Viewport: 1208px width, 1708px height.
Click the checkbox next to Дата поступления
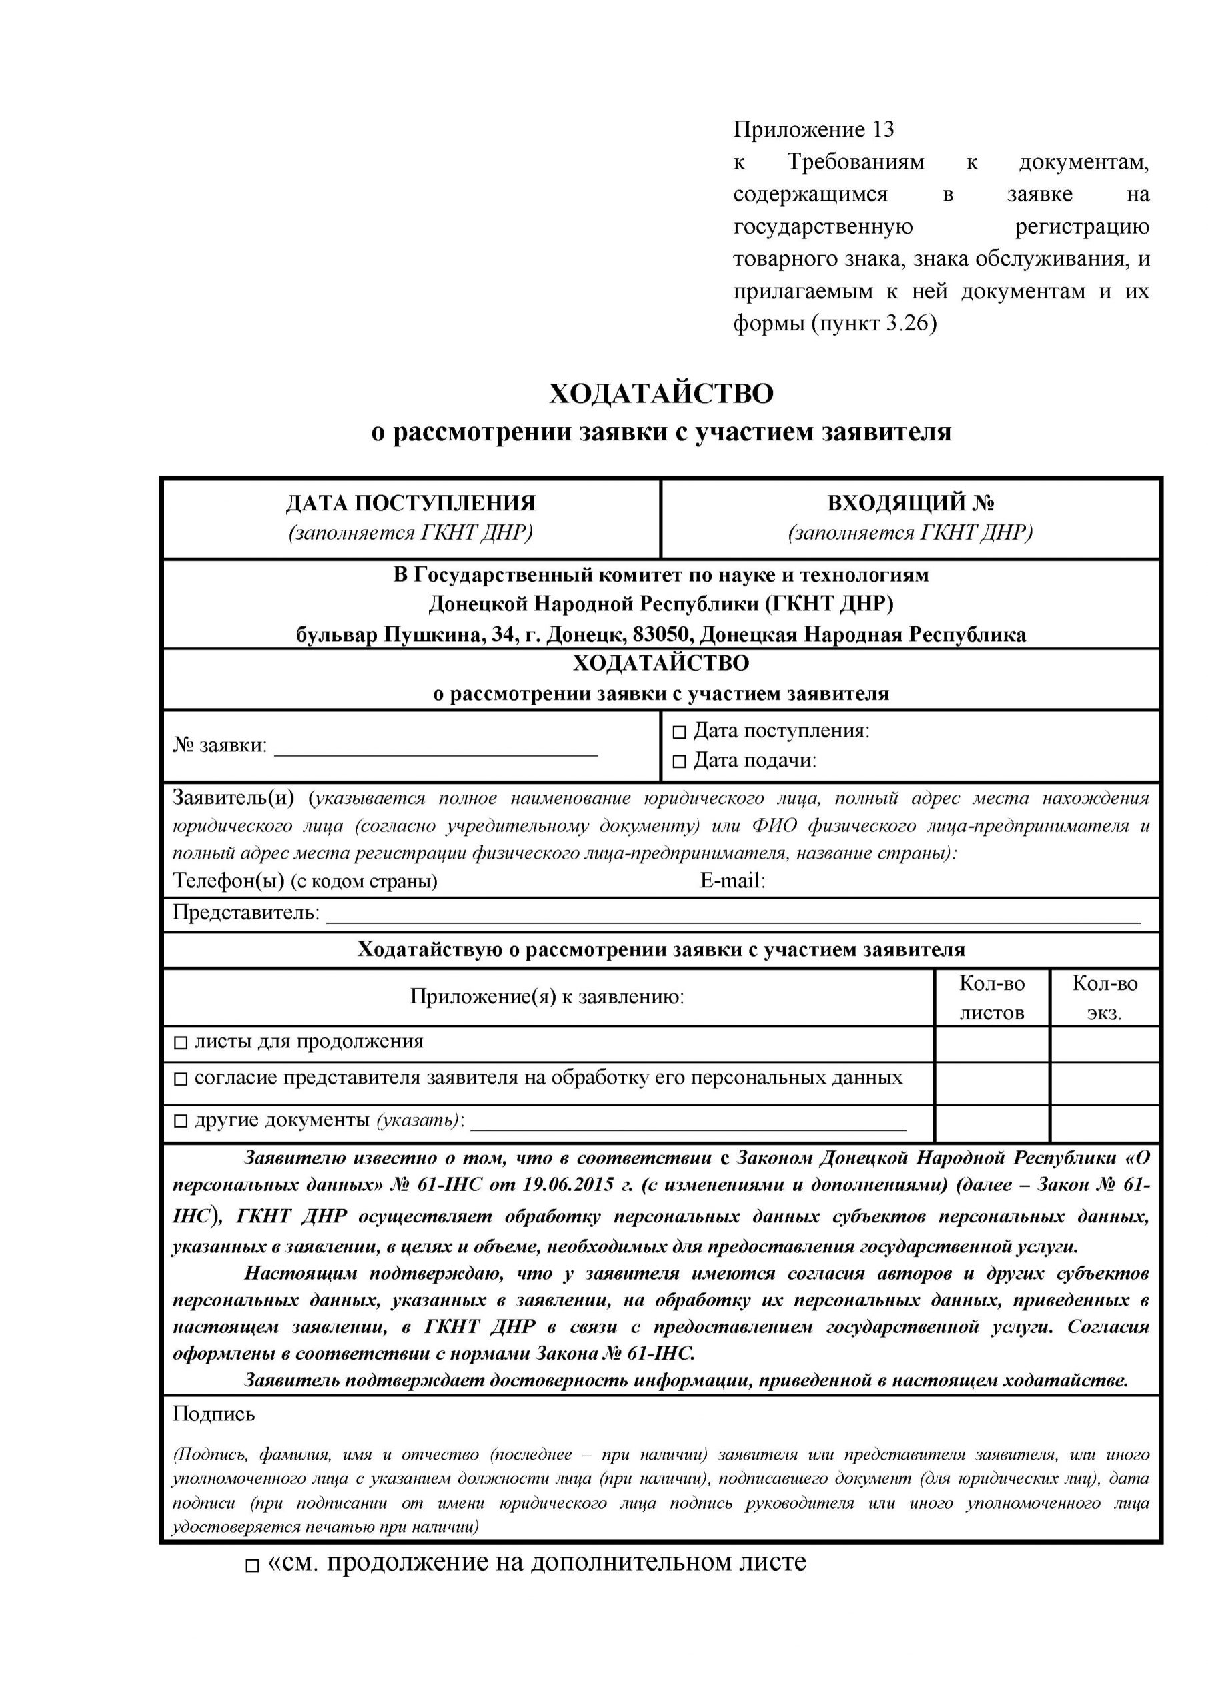pos(679,733)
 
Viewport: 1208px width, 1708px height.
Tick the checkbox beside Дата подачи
pos(679,762)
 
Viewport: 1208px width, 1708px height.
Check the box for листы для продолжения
pos(181,1043)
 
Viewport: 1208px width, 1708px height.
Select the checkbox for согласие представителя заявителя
pos(181,1080)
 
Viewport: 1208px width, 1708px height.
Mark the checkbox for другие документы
pos(181,1121)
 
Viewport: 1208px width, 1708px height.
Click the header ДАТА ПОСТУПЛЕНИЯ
pos(411,504)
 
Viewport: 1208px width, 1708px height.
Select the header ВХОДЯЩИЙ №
pos(911,504)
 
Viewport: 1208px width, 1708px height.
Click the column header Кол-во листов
pos(991,997)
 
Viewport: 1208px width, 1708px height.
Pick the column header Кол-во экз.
pos(1105,997)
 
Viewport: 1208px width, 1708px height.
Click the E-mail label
pos(732,881)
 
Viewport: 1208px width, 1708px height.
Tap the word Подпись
pos(214,1414)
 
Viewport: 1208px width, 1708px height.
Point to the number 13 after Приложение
pos(883,130)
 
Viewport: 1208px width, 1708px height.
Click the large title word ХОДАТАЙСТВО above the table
pos(661,394)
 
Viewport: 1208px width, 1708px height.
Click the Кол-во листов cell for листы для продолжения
pos(991,1043)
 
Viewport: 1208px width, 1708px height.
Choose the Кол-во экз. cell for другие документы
pos(1105,1123)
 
